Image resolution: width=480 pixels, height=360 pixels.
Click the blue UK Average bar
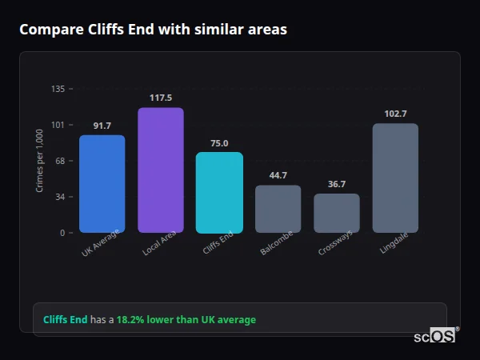[x=102, y=184]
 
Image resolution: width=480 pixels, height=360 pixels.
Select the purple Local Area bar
[x=161, y=170]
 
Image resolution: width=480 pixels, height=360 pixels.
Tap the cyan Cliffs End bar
[x=219, y=193]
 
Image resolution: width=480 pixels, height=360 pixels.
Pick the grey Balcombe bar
[x=278, y=209]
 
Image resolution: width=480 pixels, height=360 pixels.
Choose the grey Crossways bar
[x=337, y=213]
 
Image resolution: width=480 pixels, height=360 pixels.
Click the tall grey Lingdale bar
[x=395, y=178]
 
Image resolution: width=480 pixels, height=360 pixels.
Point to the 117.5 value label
[x=161, y=98]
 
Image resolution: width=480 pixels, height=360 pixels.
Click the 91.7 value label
[x=102, y=126]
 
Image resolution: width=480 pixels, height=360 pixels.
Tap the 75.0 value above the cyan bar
[x=219, y=143]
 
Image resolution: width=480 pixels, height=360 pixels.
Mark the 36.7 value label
[x=337, y=184]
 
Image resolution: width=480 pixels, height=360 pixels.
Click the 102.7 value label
[x=395, y=114]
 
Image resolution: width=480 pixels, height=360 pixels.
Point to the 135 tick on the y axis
[x=58, y=89]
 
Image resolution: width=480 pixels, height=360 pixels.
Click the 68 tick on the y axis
[x=59, y=161]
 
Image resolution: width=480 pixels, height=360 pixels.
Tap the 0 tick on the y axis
[x=62, y=233]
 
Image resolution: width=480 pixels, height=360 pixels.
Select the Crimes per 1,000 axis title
[x=39, y=161]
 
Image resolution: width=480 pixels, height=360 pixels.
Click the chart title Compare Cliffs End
[x=153, y=30]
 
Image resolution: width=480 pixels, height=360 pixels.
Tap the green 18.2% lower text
[x=186, y=320]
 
